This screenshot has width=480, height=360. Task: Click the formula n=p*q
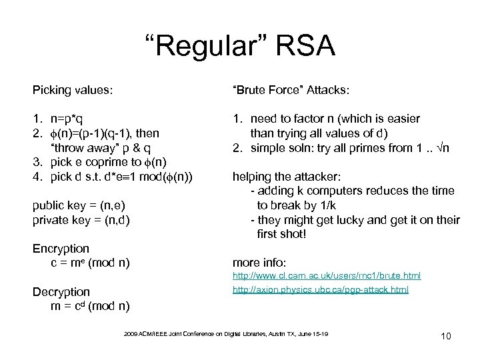(x=69, y=119)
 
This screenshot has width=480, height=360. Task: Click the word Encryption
(x=61, y=248)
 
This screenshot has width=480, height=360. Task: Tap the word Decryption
(x=61, y=292)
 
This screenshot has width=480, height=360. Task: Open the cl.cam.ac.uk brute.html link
(x=326, y=275)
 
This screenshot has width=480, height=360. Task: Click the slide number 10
(x=445, y=335)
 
